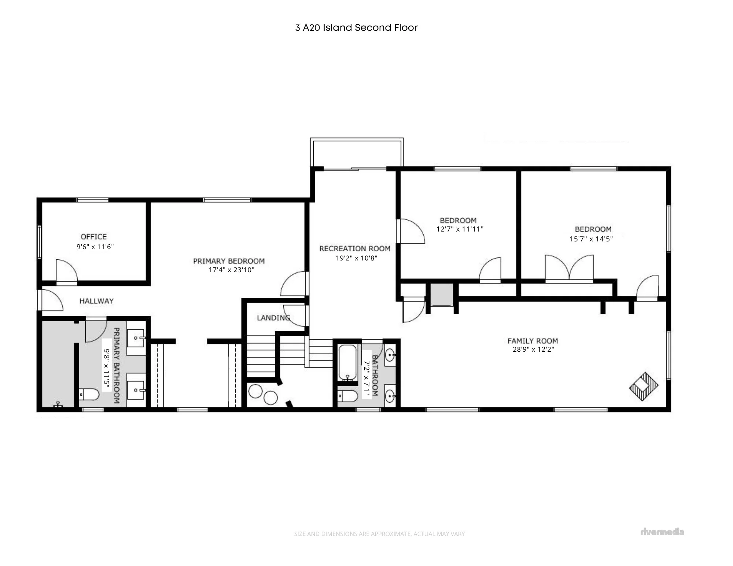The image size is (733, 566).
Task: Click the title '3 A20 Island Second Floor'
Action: tap(356, 28)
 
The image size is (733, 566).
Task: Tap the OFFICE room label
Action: tap(94, 237)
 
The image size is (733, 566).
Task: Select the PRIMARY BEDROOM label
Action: tap(229, 261)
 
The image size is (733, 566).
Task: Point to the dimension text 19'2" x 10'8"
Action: tap(357, 258)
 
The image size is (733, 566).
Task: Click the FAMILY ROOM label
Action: tap(533, 341)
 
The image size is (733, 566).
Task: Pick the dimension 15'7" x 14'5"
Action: tap(591, 239)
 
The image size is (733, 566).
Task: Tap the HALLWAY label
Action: tap(96, 301)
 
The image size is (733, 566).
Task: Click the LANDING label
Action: tap(273, 318)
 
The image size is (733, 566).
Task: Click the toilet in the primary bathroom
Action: tap(89, 395)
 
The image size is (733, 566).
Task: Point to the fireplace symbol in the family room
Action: tap(644, 386)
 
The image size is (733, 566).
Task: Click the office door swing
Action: tap(66, 271)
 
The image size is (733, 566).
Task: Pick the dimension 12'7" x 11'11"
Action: tap(460, 229)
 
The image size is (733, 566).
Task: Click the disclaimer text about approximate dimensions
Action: tap(379, 534)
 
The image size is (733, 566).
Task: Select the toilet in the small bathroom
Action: tap(348, 396)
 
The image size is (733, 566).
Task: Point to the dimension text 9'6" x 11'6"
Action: tap(95, 247)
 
